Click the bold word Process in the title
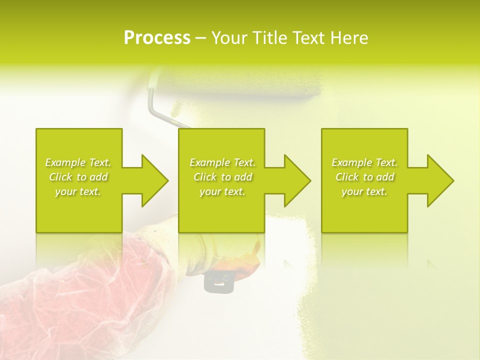pos(157,38)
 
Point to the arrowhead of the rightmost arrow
pos(439,180)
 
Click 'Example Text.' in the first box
pos(78,162)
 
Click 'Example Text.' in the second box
pos(222,162)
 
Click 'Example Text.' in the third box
pos(364,162)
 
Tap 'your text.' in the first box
pos(78,191)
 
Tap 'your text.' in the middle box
pos(222,191)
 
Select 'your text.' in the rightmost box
pos(364,191)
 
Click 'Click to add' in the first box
pos(78,177)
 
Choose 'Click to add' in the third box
pos(364,177)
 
